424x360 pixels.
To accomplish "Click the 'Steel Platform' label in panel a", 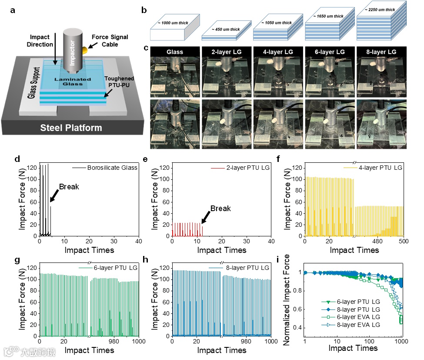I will pos(71,128).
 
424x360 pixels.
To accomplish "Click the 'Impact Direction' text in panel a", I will pos(40,41).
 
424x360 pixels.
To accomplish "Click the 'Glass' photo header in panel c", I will pos(175,52).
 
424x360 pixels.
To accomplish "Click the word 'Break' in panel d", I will pos(69,187).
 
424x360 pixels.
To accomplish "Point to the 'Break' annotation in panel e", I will pos(220,209).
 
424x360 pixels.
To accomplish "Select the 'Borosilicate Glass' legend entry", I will pos(112,167).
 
